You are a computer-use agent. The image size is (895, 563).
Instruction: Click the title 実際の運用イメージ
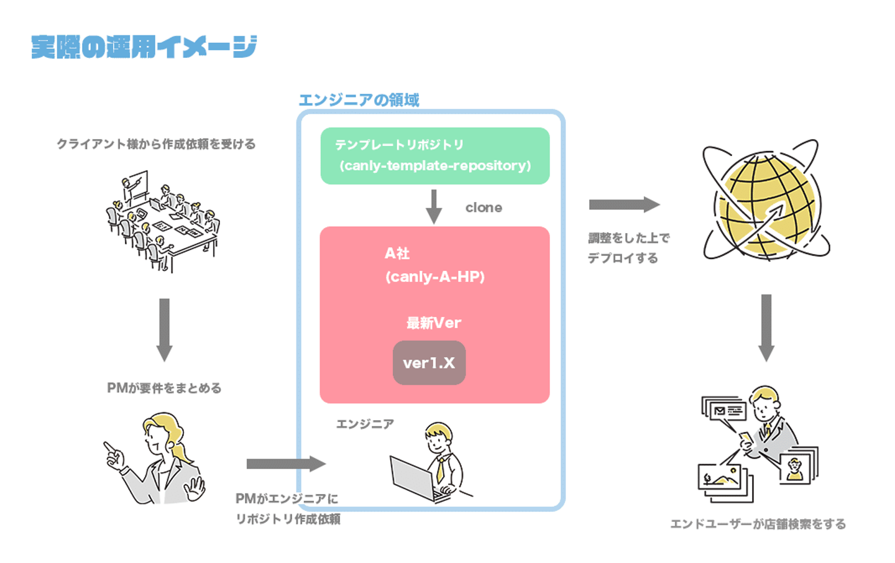(x=144, y=47)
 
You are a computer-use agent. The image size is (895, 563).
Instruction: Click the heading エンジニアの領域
(x=359, y=100)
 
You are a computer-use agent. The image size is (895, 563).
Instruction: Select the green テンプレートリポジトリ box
(x=434, y=155)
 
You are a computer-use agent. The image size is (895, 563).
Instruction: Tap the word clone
(x=484, y=208)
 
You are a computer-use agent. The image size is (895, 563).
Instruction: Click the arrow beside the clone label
(x=434, y=206)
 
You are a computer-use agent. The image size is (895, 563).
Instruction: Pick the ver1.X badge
(x=429, y=363)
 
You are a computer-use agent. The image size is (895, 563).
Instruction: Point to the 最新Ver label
(x=433, y=323)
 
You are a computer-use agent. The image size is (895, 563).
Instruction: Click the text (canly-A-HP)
(x=434, y=277)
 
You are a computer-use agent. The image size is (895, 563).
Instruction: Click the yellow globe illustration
(x=766, y=202)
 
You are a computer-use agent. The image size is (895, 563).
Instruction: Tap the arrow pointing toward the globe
(x=623, y=204)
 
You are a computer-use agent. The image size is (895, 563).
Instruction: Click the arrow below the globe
(x=766, y=327)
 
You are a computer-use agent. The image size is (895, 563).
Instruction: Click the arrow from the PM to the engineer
(x=285, y=464)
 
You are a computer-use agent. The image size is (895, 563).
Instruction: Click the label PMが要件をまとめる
(x=164, y=388)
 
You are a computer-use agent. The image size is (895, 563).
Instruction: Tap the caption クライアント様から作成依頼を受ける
(x=156, y=144)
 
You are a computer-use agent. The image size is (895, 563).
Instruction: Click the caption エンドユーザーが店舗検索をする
(x=758, y=524)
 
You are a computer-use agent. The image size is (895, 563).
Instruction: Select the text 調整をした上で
(x=628, y=238)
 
